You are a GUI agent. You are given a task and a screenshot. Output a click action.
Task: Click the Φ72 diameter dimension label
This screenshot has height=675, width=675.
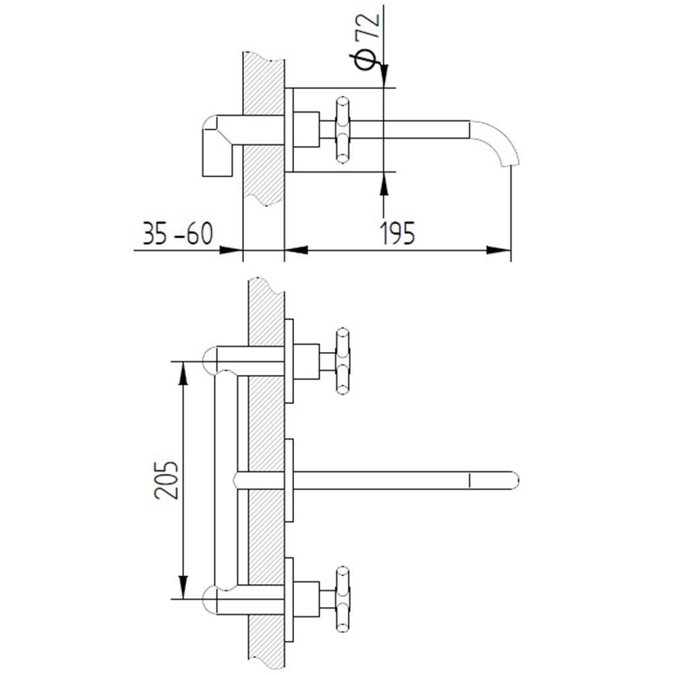pyautogui.click(x=367, y=42)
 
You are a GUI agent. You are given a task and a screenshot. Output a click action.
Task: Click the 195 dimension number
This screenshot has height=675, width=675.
pyautogui.click(x=397, y=233)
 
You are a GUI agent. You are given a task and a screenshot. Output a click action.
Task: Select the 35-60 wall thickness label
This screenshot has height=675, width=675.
pyautogui.click(x=177, y=233)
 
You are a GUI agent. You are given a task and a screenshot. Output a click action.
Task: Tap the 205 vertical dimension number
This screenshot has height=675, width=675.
pyautogui.click(x=166, y=480)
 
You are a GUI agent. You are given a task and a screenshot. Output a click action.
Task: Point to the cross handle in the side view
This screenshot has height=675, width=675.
pyautogui.click(x=342, y=130)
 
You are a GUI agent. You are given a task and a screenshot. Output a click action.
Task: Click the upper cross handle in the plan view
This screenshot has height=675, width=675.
pyautogui.click(x=342, y=362)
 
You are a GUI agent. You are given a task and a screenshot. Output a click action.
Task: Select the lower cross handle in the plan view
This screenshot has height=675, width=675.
pyautogui.click(x=342, y=600)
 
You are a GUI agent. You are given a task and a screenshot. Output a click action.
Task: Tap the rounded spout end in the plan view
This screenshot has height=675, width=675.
pyautogui.click(x=515, y=481)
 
